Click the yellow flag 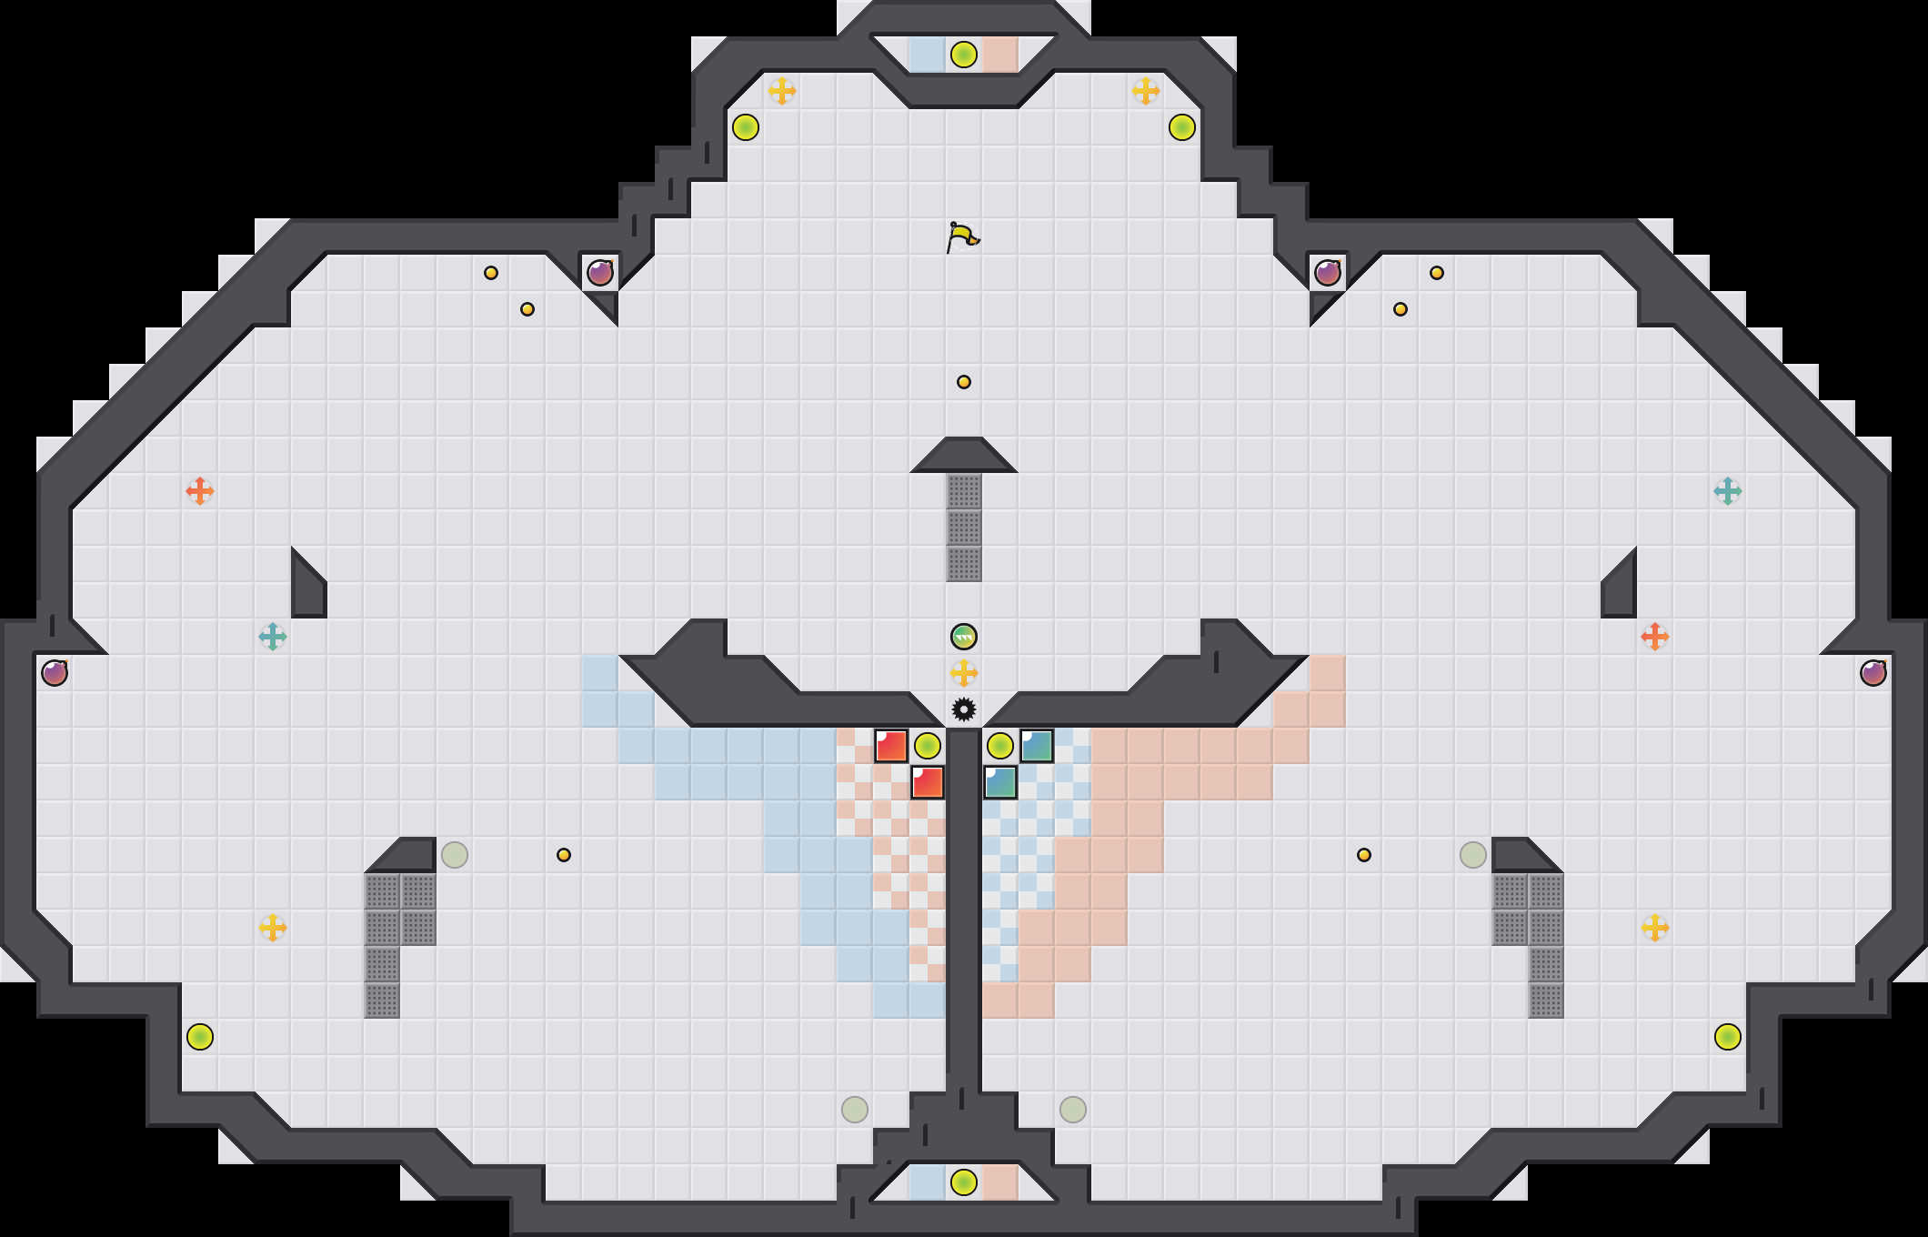(962, 237)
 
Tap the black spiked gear (964, 709)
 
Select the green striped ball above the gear (964, 637)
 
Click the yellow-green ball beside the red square (928, 746)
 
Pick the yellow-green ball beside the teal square (1000, 746)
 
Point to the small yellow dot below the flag (964, 382)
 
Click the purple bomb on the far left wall (55, 673)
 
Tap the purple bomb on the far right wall (1873, 673)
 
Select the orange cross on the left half (200, 491)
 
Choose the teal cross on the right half (1728, 491)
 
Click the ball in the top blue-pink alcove (964, 55)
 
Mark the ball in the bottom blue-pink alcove (964, 1182)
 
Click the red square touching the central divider (928, 782)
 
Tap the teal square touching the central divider (1000, 782)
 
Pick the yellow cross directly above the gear (964, 673)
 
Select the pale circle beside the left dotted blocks (455, 855)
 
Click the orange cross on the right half (1655, 637)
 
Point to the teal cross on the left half (273, 637)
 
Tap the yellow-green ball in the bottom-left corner (200, 1037)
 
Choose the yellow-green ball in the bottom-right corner (1728, 1037)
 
